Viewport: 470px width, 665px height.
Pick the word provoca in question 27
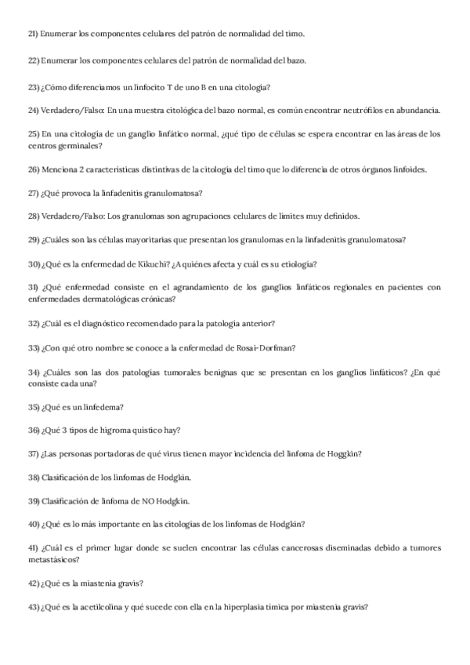click(78, 193)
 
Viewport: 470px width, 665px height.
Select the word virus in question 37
click(163, 454)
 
